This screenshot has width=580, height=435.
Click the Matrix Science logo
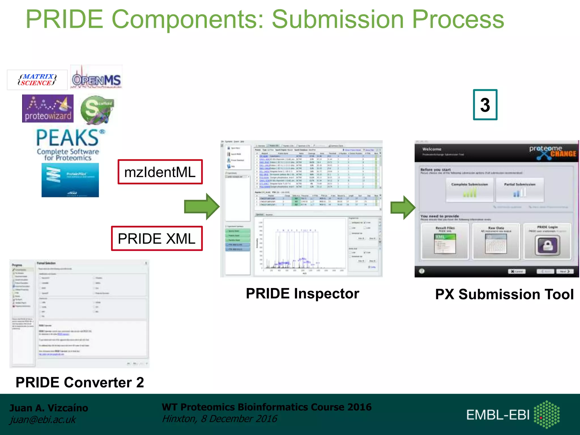pos(37,80)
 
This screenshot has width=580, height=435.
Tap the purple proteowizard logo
pos(48,109)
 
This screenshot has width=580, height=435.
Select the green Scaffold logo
pos(97,109)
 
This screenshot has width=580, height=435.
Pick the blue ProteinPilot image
pos(70,180)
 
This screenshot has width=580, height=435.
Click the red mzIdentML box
pos(160,172)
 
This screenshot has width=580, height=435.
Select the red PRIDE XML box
pos(157,238)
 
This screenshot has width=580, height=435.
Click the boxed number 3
pos(485,105)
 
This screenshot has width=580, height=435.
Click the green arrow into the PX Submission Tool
pos(402,208)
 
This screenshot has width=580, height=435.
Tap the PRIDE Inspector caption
pos(302,293)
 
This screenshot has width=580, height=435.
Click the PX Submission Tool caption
pos(504,294)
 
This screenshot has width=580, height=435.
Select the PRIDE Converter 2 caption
pos(80,382)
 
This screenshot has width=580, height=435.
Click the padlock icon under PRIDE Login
pos(547,245)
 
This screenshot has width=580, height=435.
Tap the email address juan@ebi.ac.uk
pos(43,419)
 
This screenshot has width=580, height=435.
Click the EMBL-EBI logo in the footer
pos(513,414)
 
